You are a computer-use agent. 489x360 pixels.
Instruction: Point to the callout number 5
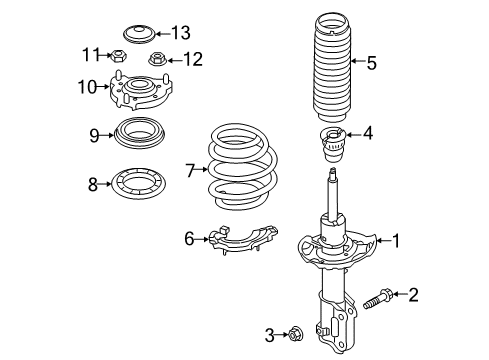pyautogui.click(x=371, y=64)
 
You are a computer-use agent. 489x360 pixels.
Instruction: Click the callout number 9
pyautogui.click(x=94, y=134)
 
